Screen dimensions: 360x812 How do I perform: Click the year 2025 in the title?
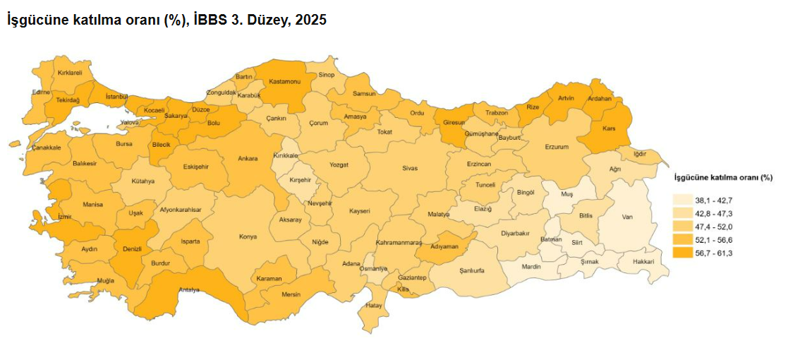[x=310, y=20]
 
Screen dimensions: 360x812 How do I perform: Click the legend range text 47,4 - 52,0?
[x=713, y=227]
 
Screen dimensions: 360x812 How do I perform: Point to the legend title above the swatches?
[x=723, y=177]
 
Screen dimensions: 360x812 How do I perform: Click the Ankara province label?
[x=247, y=158]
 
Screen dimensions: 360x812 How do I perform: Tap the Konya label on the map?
[x=248, y=236]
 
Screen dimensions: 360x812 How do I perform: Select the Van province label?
[x=626, y=217]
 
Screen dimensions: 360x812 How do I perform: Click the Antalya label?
[x=188, y=289]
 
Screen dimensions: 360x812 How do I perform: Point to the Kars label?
[x=610, y=128]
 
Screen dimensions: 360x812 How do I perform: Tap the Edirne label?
[x=41, y=92]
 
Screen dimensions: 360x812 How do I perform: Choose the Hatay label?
[x=374, y=306]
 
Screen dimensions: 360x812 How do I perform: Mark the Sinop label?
[x=326, y=74]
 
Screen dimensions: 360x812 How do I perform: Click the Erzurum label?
[x=557, y=147]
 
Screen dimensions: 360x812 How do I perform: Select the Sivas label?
[x=410, y=168]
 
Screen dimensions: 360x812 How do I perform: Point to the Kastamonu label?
[x=285, y=82]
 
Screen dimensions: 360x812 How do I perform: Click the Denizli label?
[x=133, y=249]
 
